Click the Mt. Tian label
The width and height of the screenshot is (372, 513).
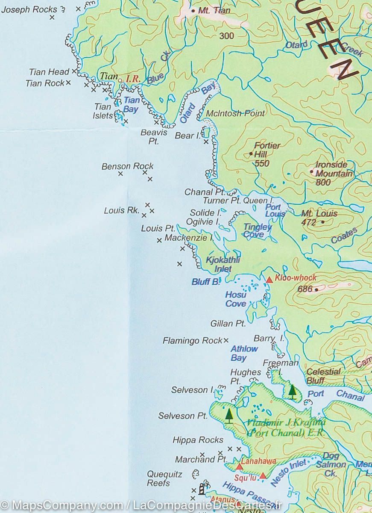coord(214,11)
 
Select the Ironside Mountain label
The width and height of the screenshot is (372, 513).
coord(334,169)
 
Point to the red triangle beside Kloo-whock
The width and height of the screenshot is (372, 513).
coord(269,280)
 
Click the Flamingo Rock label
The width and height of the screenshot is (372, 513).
coord(192,341)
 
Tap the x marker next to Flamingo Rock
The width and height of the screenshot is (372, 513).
coord(226,340)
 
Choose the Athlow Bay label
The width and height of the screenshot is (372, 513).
coord(244,353)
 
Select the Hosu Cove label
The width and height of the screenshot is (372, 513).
coord(236,299)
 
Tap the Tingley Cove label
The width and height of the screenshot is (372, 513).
coord(257,231)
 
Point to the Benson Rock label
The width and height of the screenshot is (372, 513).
coord(127,166)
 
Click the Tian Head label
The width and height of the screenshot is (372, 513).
coord(49,72)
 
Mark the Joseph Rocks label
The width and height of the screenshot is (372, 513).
coord(29,9)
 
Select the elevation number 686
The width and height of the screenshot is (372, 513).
coord(305,289)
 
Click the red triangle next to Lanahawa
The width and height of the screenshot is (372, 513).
coord(239,467)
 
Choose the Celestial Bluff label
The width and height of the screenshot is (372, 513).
coord(323,376)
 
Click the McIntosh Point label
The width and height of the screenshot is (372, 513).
coord(235,113)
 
